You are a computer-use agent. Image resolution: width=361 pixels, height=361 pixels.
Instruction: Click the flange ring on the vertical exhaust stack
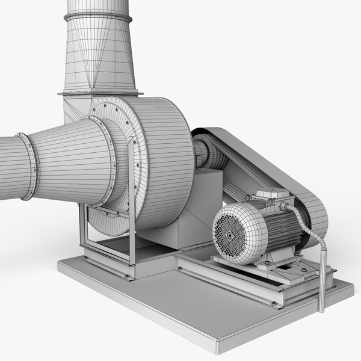tap(97, 16)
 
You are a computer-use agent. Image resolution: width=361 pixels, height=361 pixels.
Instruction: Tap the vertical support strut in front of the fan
tap(131, 199)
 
